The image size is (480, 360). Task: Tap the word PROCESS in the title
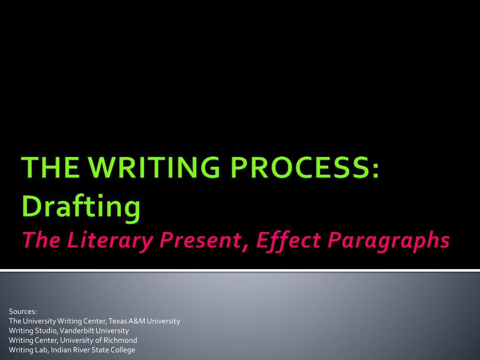click(300, 167)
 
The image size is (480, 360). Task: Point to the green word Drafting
click(81, 207)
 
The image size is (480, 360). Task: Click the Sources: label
click(23, 312)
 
